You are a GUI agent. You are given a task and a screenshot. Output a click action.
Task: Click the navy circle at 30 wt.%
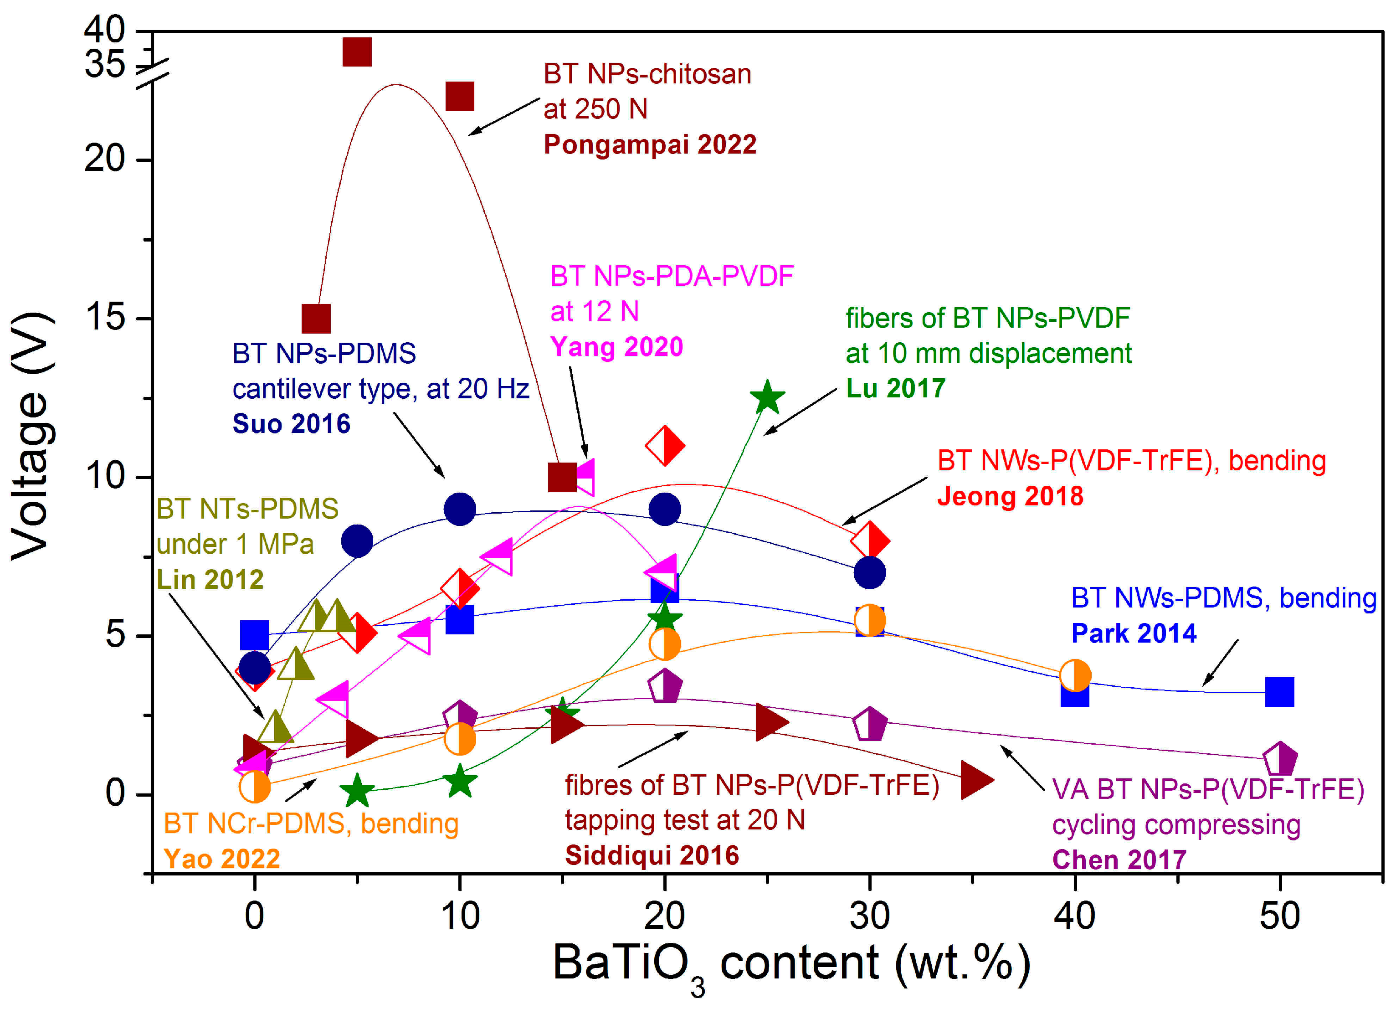coord(870,572)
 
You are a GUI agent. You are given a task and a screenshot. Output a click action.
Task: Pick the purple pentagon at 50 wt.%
coord(1280,758)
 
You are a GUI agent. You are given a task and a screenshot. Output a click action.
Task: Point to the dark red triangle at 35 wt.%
coord(975,779)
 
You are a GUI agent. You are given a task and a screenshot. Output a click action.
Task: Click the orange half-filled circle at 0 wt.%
coord(254,787)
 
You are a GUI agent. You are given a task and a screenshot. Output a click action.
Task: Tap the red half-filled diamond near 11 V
coord(665,445)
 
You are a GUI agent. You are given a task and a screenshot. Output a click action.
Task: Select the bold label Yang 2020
coord(616,347)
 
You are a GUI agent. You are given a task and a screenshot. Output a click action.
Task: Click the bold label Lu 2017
coord(895,388)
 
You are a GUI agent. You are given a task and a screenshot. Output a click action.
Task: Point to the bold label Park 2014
coord(1134,633)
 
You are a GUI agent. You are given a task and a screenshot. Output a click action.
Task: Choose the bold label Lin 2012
coord(210,579)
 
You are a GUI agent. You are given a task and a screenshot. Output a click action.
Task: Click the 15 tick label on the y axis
coord(105,318)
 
